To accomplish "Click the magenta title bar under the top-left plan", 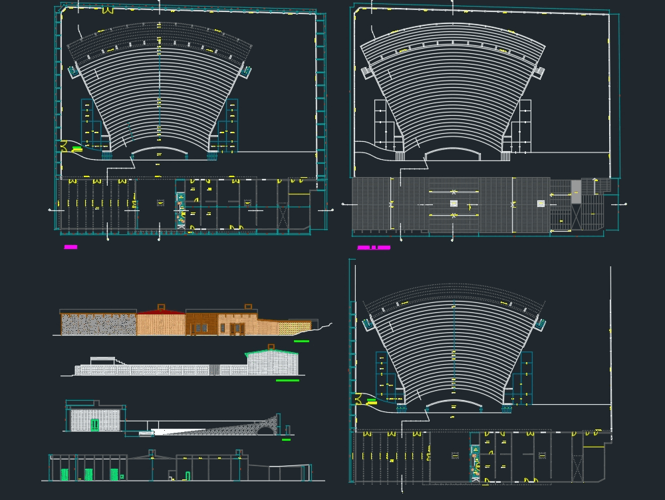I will pyautogui.click(x=70, y=247).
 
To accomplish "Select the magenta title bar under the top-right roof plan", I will pyautogui.click(x=374, y=248).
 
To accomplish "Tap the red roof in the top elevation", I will pyautogui.click(x=160, y=312).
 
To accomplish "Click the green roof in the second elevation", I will pyautogui.click(x=271, y=353).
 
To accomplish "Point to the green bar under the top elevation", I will pyautogui.click(x=301, y=342).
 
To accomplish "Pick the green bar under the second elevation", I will pyautogui.click(x=287, y=381).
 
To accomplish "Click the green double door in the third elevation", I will pyautogui.click(x=95, y=425).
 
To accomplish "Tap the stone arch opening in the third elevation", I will pyautogui.click(x=265, y=430).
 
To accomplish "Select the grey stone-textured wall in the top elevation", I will pyautogui.click(x=98, y=324).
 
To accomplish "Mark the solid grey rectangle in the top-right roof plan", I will pyautogui.click(x=576, y=192).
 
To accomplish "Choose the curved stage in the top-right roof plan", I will pyautogui.click(x=452, y=154).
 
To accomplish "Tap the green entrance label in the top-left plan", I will pyautogui.click(x=77, y=148).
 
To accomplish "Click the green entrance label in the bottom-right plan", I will pyautogui.click(x=371, y=402).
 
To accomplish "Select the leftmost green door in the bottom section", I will pyautogui.click(x=65, y=475).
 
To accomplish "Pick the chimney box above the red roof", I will pyautogui.click(x=160, y=307).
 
